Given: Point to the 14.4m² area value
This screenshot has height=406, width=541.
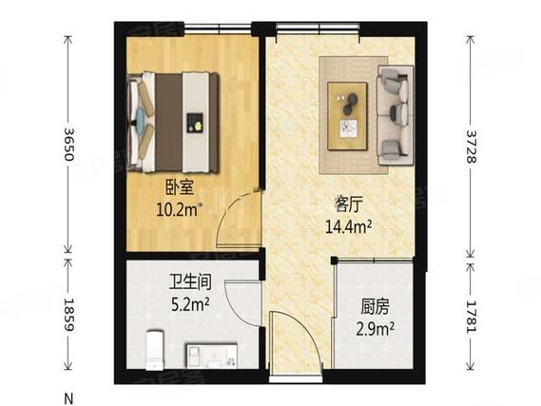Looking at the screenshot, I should (348, 225).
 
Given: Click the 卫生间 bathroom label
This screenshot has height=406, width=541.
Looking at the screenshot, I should (188, 283).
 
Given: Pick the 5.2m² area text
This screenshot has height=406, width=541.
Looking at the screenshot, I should (188, 304).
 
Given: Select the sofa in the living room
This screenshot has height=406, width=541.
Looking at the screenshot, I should (395, 112).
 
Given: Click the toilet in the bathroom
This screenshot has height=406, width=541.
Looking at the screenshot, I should (153, 350).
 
